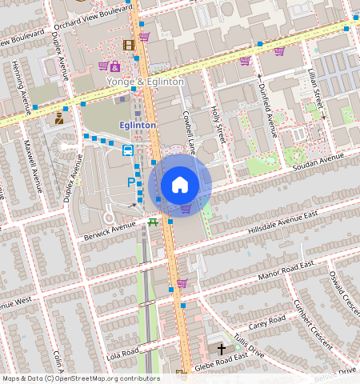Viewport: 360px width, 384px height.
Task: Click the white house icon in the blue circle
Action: [x=180, y=185]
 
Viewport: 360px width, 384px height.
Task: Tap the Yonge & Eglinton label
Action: [x=146, y=82]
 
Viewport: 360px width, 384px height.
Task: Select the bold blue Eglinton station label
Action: [x=138, y=126]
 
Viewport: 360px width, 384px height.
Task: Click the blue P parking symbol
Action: [x=131, y=182]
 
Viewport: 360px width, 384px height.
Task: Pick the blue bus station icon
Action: [x=127, y=150]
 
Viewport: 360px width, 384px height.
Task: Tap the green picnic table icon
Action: [x=152, y=222]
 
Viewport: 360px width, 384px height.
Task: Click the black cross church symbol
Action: [x=222, y=349]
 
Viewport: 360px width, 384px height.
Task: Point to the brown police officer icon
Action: [x=60, y=118]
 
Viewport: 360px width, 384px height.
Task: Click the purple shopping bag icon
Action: [x=116, y=66]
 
